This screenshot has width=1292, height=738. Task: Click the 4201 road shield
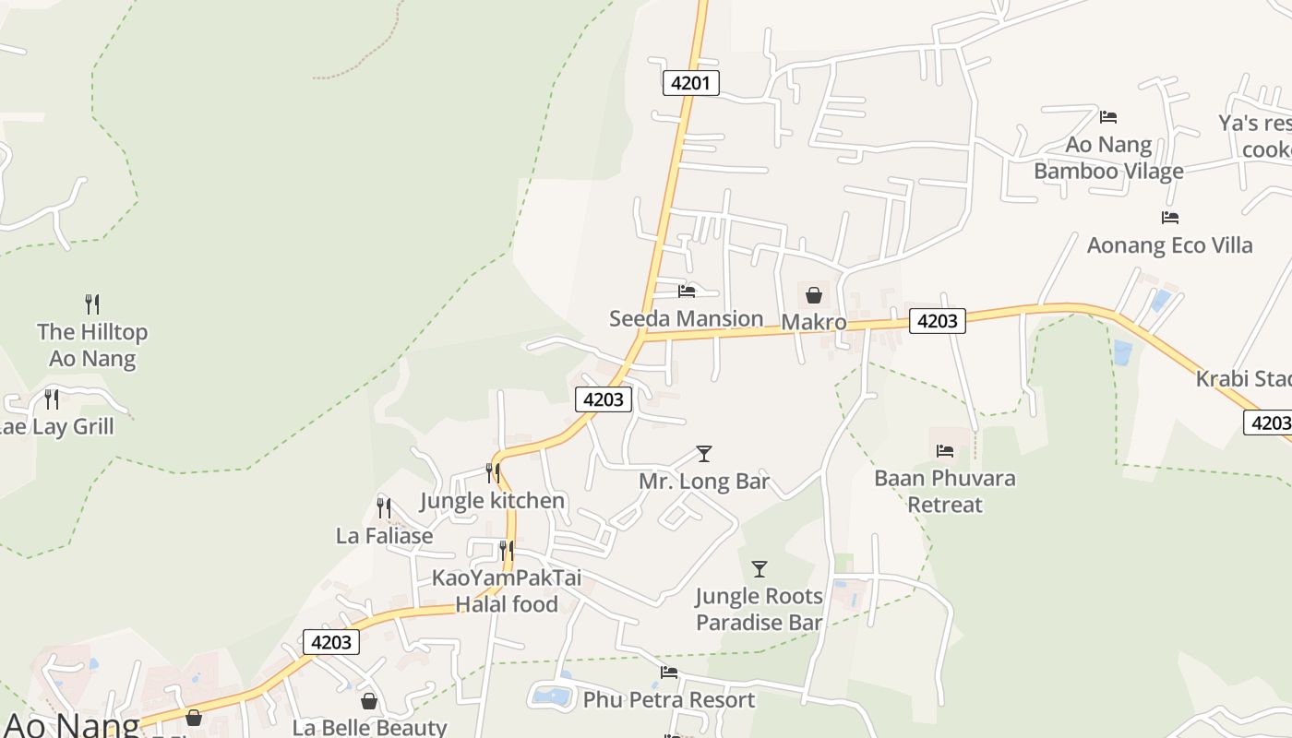[x=690, y=83]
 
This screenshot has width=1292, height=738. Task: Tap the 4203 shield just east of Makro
[x=938, y=320]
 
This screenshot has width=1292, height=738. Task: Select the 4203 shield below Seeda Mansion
[x=604, y=399]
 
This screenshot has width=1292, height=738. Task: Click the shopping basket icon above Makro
[x=814, y=295]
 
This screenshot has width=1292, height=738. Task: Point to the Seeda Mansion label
[x=686, y=319]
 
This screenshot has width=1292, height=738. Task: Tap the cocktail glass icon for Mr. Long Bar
[x=704, y=454]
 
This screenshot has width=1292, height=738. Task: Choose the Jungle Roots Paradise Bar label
[x=759, y=609]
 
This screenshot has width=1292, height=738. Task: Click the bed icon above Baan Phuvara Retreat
[x=945, y=451]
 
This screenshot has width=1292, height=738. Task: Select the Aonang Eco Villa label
[x=1169, y=245]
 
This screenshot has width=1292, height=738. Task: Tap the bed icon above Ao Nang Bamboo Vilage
[x=1108, y=117]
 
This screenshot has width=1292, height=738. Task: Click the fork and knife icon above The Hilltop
[x=92, y=304]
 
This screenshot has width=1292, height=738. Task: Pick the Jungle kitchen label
[x=492, y=501]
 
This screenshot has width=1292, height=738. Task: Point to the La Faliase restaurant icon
[x=384, y=507]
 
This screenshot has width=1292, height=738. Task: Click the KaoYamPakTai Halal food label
[x=507, y=591]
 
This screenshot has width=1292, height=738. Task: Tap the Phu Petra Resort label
[x=668, y=700]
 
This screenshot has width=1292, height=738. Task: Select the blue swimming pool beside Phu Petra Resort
[x=552, y=695]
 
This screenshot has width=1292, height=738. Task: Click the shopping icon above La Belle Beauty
[x=369, y=702]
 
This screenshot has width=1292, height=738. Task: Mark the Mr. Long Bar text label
[x=703, y=482]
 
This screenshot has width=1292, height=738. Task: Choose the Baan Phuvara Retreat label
[x=945, y=491]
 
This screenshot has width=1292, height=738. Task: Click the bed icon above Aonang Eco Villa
[x=1170, y=218]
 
